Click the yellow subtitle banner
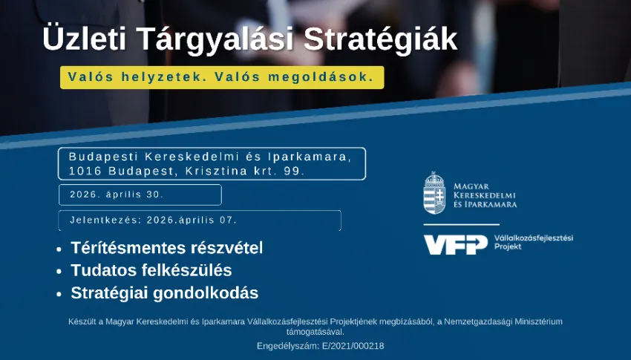[x=222, y=77]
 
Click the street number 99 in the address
[x=296, y=171]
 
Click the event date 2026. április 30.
[x=117, y=194]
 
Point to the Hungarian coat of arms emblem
[x=434, y=193]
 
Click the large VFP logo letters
[x=455, y=244]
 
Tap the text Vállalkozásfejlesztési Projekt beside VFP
[x=533, y=242]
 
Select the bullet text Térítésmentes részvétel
[x=167, y=248]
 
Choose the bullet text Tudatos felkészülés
[x=151, y=270]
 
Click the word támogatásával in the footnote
[x=315, y=332]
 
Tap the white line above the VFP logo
[x=461, y=224]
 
